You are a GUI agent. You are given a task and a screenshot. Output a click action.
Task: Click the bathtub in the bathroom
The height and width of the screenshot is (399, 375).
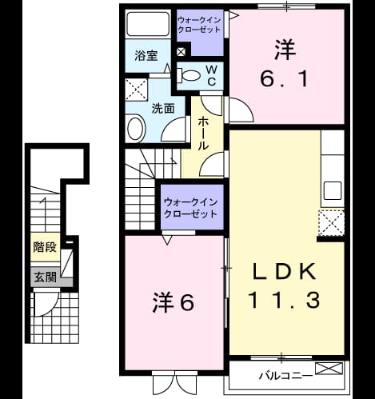[x=148, y=24]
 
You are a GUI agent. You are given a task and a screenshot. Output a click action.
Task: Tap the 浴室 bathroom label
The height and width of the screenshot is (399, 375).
[x=146, y=55]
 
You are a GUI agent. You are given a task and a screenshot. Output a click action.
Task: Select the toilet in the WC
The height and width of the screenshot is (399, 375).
[x=189, y=75]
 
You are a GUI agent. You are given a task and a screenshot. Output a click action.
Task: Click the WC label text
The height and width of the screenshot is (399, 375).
[x=211, y=76]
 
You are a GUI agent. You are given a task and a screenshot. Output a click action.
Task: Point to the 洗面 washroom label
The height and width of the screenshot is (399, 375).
[x=163, y=109]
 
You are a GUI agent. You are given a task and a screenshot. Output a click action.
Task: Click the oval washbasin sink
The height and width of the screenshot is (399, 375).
[x=137, y=129]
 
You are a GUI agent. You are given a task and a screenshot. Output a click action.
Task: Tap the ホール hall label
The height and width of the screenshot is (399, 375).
[x=203, y=134]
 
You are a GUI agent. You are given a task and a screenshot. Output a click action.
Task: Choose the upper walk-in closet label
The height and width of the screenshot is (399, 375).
[x=199, y=25]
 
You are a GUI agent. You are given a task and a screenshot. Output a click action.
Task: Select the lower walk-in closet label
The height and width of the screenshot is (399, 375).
[x=191, y=208]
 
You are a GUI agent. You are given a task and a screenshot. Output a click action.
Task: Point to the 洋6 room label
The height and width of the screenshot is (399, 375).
[x=173, y=302]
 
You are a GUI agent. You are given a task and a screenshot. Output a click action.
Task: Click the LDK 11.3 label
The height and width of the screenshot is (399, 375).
[x=284, y=285]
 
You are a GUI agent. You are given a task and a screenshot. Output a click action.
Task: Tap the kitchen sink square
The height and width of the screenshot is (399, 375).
[x=333, y=190]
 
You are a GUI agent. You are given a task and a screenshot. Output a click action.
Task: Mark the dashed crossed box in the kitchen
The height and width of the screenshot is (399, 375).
[x=332, y=223]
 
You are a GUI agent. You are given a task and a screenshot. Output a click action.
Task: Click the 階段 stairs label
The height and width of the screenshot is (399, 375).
[x=45, y=247]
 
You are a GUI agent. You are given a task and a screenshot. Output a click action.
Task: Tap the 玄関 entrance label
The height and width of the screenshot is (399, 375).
[x=45, y=277]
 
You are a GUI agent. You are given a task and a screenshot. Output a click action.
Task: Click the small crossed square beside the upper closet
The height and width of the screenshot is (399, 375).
[x=181, y=52]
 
